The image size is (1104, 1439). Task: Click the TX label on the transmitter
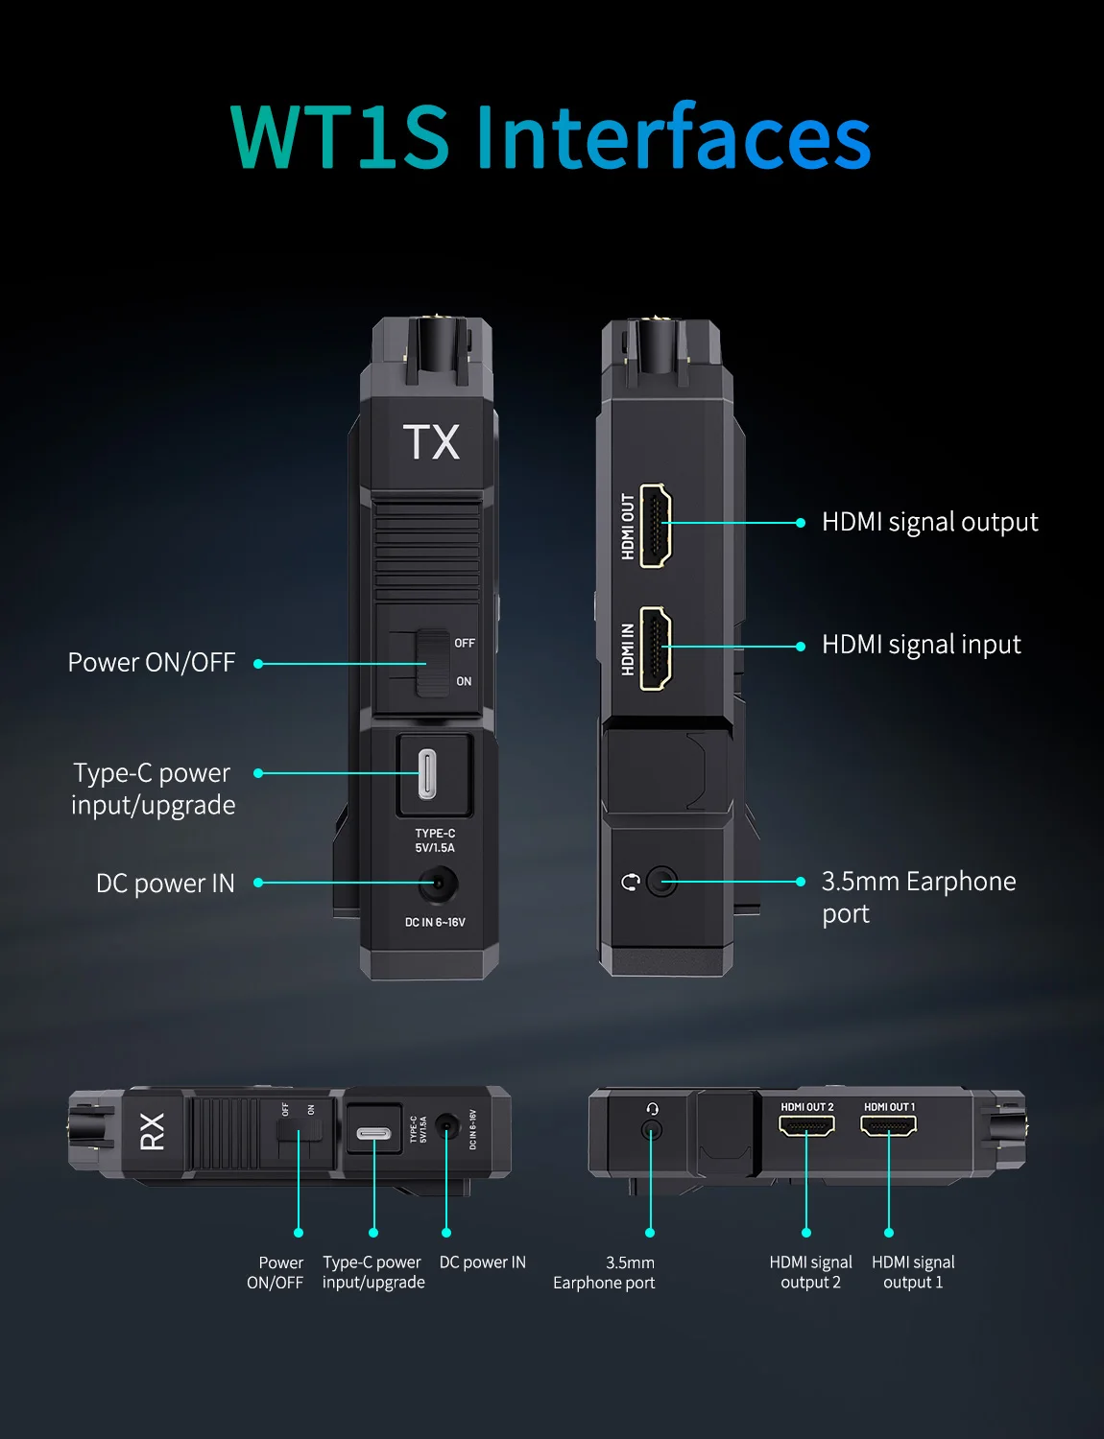point(431,442)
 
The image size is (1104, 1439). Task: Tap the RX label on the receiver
point(153,1131)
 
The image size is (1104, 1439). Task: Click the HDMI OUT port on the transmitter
point(655,525)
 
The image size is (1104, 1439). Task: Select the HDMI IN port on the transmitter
point(655,648)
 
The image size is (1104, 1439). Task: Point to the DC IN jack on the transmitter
point(438,883)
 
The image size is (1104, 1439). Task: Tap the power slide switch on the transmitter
point(432,663)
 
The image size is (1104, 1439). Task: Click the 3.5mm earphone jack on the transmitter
point(661,881)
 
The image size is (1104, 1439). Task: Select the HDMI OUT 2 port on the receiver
point(806,1124)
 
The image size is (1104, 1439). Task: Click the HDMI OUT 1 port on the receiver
point(889,1124)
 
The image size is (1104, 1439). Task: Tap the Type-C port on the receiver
point(373,1133)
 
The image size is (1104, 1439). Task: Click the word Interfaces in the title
point(673,137)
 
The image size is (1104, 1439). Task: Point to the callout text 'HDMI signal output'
point(929,522)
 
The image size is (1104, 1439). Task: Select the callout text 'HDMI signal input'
point(921,645)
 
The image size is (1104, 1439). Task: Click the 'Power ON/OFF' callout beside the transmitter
point(152,663)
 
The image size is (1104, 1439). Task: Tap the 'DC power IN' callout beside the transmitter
point(165,884)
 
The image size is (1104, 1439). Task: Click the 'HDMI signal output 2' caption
point(810,1272)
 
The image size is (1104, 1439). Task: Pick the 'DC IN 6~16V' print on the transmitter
point(435,922)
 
